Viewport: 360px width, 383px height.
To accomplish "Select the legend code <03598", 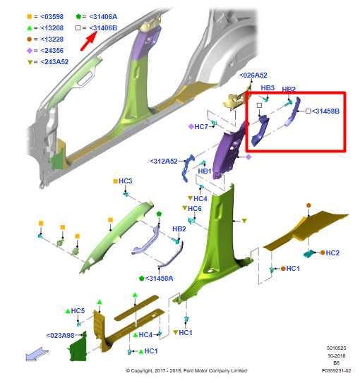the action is click(52, 17).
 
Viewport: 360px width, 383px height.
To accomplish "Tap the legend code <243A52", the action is click(54, 62).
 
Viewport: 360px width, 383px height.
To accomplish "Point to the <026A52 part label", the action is click(253, 75).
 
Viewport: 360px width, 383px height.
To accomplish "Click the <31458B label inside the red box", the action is click(325, 111).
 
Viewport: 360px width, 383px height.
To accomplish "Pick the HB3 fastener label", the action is click(268, 88).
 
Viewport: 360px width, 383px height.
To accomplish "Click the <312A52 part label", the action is click(164, 162).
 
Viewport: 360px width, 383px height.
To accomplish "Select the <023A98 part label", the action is click(60, 335).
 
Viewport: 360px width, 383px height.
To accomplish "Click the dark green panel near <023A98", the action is click(78, 346).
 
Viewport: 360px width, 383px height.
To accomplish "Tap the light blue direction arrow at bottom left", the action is click(37, 354).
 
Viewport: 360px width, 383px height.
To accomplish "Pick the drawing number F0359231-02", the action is click(336, 370).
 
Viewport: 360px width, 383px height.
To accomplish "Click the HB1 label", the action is click(205, 171).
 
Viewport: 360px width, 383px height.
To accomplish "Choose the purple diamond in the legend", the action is click(30, 51).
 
